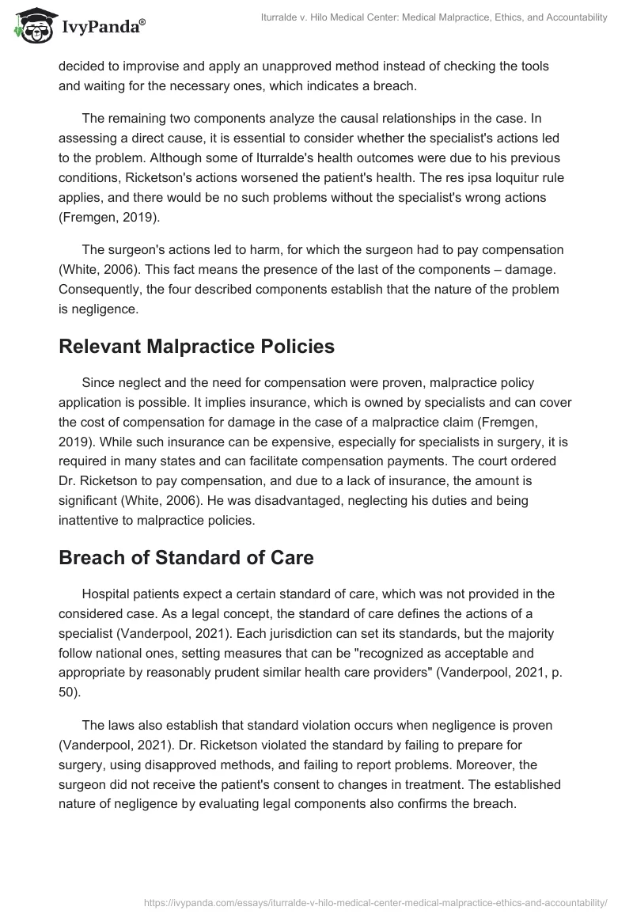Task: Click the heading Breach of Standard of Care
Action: (x=186, y=557)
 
